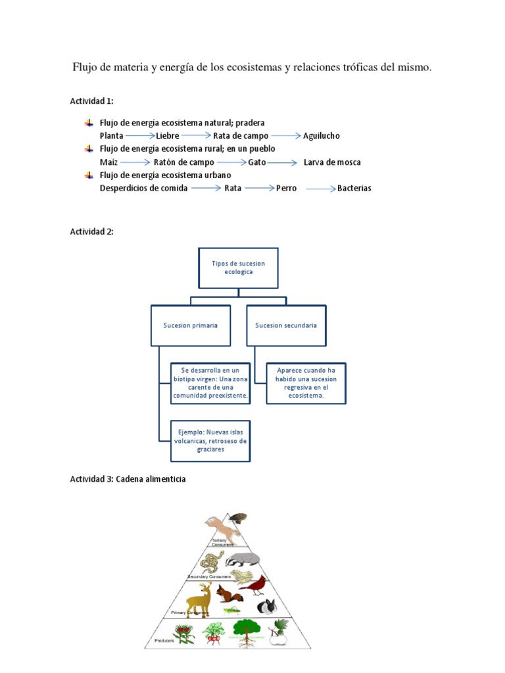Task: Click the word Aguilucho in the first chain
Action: click(322, 136)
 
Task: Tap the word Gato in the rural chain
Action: click(257, 162)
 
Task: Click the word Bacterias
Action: click(354, 189)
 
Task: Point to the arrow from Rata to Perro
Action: click(259, 189)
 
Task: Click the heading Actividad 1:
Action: click(92, 101)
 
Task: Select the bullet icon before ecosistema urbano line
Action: click(89, 175)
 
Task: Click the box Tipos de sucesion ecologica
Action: click(238, 268)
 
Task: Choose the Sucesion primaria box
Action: click(191, 325)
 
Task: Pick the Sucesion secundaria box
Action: click(286, 325)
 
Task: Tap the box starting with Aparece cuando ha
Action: click(306, 383)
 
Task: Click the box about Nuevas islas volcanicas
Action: click(210, 441)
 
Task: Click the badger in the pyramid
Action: click(243, 559)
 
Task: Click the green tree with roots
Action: click(245, 632)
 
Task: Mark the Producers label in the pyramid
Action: click(164, 641)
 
